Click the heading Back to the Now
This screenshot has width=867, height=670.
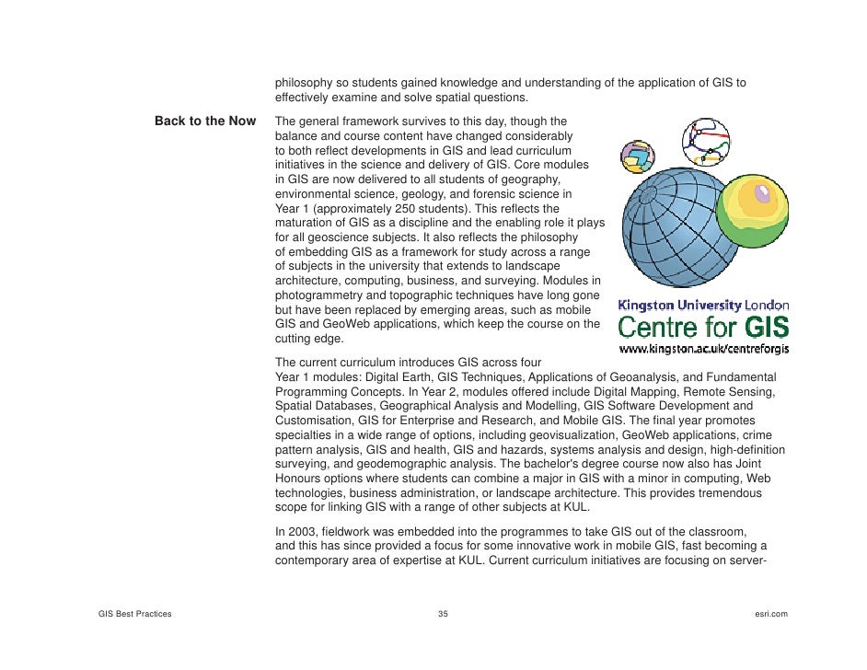pyautogui.click(x=204, y=121)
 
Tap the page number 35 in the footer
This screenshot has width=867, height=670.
pyautogui.click(x=443, y=614)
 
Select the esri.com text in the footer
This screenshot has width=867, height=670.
pyautogui.click(x=769, y=614)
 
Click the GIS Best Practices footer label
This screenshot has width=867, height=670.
pyautogui.click(x=134, y=614)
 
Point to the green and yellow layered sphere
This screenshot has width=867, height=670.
pyautogui.click(x=752, y=212)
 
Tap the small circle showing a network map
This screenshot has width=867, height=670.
pyautogui.click(x=705, y=140)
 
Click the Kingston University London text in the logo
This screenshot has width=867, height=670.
pyautogui.click(x=703, y=306)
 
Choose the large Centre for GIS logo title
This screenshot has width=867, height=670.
pyautogui.click(x=703, y=327)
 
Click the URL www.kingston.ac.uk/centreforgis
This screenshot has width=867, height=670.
pyautogui.click(x=703, y=350)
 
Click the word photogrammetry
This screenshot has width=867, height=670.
pyautogui.click(x=319, y=295)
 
